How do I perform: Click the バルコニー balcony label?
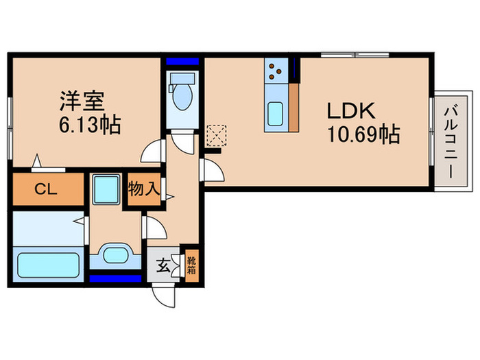click(451, 142)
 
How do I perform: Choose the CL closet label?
click(46, 190)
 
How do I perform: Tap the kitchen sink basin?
click(276, 111)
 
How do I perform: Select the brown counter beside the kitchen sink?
click(294, 106)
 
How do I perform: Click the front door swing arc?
click(165, 293)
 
